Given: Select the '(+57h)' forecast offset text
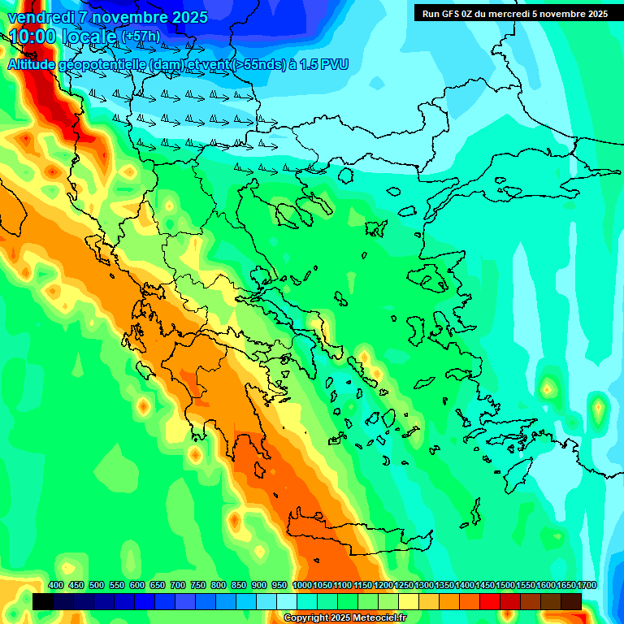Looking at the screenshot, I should pos(140,37).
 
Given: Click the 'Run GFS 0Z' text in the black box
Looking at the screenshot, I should pos(450,14).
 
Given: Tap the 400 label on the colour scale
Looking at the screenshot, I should pos(56,586).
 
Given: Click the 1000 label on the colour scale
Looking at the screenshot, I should pos(301,586).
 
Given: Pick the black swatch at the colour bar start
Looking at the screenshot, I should pos(43,602).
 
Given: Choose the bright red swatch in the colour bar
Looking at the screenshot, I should pos(490,602).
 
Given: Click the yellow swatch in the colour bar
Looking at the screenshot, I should pos(409,602).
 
